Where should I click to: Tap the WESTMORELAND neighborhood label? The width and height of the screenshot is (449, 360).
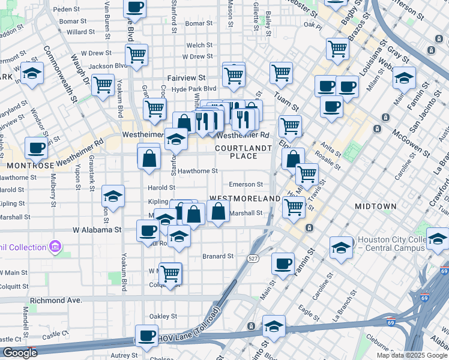(245, 198)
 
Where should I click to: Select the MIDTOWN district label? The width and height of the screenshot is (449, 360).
(375, 206)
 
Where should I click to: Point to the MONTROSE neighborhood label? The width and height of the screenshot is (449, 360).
(28, 164)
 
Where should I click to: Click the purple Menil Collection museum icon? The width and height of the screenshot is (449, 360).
(55, 247)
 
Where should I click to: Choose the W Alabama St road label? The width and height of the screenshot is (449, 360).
(97, 229)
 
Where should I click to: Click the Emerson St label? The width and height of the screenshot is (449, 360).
(246, 185)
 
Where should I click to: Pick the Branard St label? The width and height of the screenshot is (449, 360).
(218, 256)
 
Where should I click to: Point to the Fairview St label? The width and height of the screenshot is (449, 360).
(186, 78)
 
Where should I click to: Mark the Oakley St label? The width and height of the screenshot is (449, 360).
(163, 316)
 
